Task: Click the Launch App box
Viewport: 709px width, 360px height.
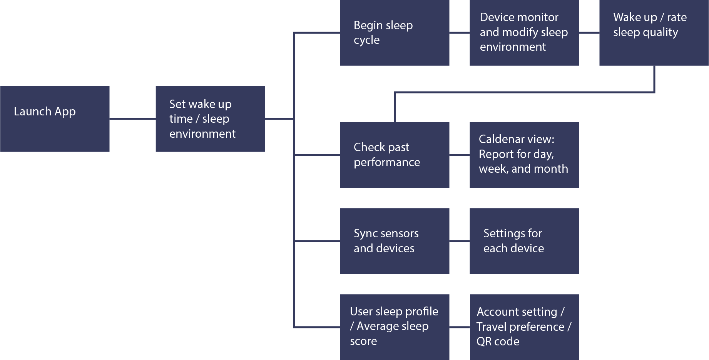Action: [x=55, y=119]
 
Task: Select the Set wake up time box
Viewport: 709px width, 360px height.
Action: [x=210, y=119]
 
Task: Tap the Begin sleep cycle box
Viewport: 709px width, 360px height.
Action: [x=395, y=33]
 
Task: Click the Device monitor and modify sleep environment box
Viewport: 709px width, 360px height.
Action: [x=524, y=33]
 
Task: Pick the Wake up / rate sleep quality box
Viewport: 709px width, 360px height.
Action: [x=654, y=33]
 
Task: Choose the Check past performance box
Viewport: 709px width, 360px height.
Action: [x=395, y=155]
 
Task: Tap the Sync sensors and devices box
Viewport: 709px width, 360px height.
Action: [x=395, y=241]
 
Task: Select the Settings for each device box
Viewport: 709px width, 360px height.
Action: [x=524, y=241]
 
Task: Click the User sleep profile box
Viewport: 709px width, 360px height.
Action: [x=395, y=327]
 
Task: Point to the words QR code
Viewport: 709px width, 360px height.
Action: [x=498, y=342]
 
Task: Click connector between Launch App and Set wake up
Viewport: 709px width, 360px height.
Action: [x=132, y=119]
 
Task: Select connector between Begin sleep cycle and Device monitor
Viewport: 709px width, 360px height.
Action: [x=459, y=33]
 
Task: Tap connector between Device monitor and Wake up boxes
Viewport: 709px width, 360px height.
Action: [x=589, y=33]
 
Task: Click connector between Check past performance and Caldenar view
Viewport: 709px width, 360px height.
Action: [x=459, y=155]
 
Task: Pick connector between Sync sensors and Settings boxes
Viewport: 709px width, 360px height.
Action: [x=459, y=241]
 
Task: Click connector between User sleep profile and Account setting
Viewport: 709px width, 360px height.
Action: [x=459, y=327]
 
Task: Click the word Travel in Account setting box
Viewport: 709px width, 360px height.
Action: [x=491, y=327]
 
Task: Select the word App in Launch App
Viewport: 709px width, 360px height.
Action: [x=65, y=112]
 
